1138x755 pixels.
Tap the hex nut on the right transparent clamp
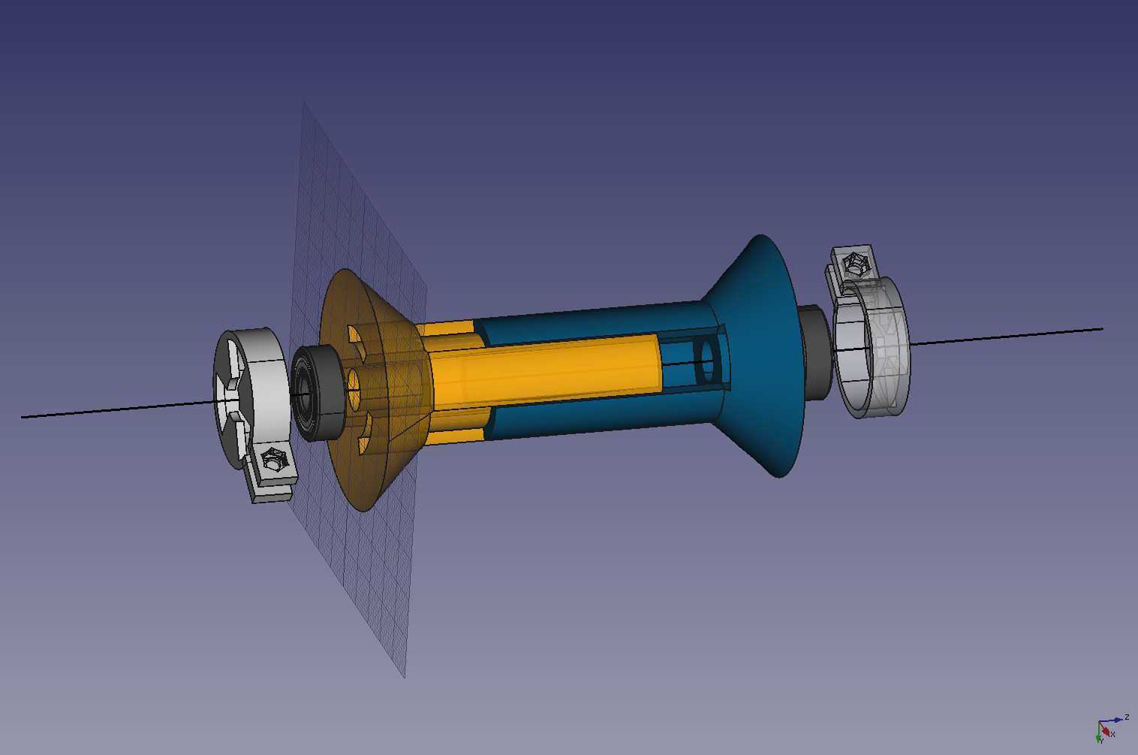tap(854, 263)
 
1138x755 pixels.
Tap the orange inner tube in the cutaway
tap(555, 368)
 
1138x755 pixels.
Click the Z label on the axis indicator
tap(1127, 717)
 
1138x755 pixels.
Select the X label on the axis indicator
tap(1113, 734)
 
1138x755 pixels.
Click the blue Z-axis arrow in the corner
tap(1117, 720)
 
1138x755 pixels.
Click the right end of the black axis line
tap(1101, 328)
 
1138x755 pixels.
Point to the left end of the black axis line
tap(23, 416)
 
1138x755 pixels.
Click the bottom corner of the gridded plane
tap(405, 676)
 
